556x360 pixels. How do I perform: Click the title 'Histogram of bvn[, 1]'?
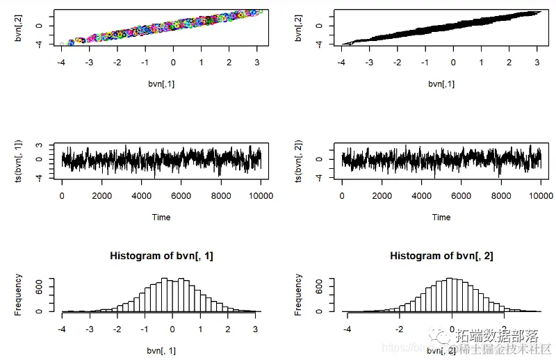161,256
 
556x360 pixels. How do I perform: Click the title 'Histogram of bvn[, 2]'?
441,256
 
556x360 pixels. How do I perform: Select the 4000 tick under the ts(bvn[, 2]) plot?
421,196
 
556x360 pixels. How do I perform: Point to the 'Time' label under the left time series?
161,217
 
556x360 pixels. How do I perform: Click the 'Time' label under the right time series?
441,217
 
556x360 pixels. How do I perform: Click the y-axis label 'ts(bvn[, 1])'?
19,161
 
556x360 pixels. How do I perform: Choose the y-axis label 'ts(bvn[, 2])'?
300,161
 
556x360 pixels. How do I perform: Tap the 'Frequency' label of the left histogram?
19,295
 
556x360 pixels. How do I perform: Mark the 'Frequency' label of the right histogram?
300,295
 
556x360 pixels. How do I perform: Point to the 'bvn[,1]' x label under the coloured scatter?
161,83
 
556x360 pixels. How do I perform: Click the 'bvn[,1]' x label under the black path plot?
441,83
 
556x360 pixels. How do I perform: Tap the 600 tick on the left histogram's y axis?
40,285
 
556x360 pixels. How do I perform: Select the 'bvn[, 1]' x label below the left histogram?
161,350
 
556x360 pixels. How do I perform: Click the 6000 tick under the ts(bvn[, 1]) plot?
181,196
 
